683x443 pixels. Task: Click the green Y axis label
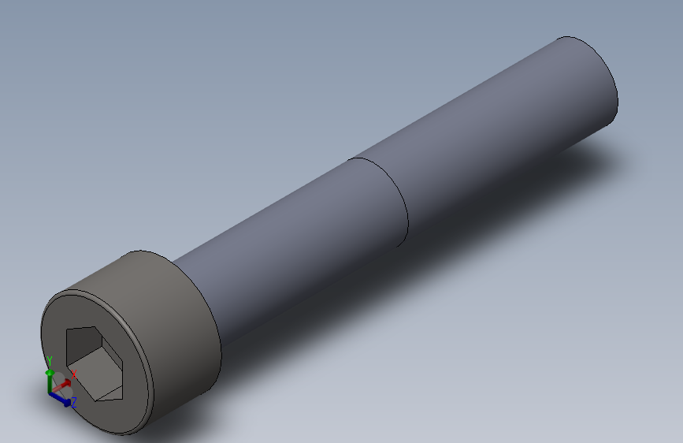49,362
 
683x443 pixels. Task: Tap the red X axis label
73,374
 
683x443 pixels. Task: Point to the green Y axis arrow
50,382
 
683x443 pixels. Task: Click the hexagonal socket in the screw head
94,363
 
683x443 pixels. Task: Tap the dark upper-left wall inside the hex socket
83,344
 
